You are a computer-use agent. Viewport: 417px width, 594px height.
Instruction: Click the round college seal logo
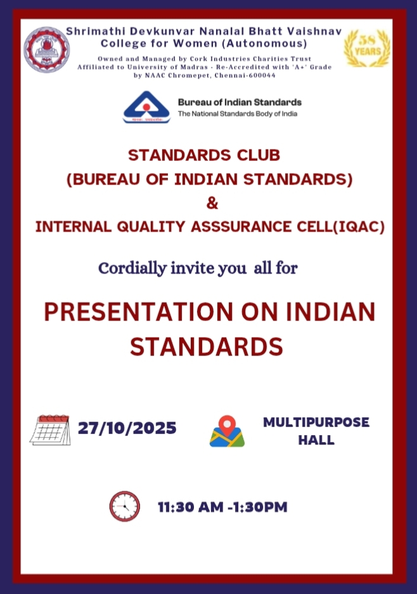coord(47,49)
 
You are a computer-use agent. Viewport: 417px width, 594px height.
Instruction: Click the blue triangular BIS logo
coord(146,107)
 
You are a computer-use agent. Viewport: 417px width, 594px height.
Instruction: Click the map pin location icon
coord(227,431)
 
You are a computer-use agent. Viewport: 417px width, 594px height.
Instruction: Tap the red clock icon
coord(124,506)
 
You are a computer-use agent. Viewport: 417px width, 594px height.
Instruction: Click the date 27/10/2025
coord(127,428)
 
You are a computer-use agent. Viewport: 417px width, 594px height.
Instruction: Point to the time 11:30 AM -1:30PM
coord(222,507)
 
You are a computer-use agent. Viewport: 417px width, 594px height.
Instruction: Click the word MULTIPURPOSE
coord(316,422)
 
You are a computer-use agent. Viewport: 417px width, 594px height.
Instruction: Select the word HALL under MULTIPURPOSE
coord(316,440)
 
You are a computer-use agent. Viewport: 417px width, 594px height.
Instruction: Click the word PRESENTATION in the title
coord(138,312)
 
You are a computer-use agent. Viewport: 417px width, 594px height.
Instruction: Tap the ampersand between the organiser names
coord(212,203)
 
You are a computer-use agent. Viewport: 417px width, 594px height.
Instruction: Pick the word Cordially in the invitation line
coord(132,269)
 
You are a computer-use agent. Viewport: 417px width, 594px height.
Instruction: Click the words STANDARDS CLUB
coord(204,155)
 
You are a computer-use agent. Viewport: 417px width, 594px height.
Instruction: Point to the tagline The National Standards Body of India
coord(238,113)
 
